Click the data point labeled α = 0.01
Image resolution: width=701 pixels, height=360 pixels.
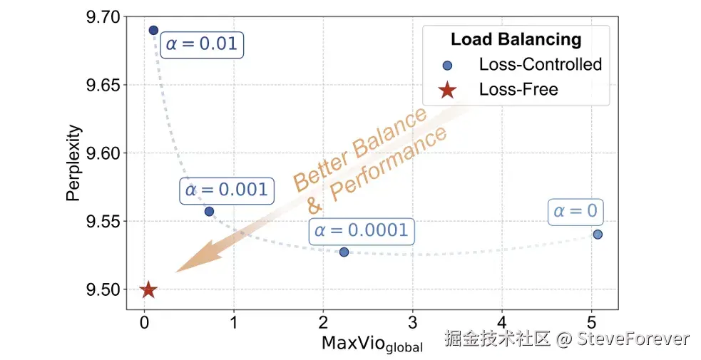coord(153,30)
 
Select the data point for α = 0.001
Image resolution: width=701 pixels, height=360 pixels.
coord(209,211)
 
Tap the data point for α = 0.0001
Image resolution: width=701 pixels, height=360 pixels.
coord(344,252)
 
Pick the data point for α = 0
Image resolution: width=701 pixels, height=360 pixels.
coord(598,234)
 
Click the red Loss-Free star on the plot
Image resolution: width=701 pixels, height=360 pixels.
coord(148,289)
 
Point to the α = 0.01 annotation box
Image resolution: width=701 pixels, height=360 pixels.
coord(201,45)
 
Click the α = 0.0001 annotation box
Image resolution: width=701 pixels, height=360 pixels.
coord(362,230)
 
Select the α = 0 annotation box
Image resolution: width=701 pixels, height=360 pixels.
coord(575,212)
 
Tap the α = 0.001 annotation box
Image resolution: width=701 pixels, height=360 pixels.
coord(226,190)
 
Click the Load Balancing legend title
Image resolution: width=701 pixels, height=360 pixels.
coord(516,39)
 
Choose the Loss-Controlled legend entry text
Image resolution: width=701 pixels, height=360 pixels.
coord(540,64)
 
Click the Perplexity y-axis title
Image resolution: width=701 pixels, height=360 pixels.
coord(73,163)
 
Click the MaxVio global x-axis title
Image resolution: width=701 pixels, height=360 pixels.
coord(372,344)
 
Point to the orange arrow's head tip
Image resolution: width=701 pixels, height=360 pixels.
coord(176,272)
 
